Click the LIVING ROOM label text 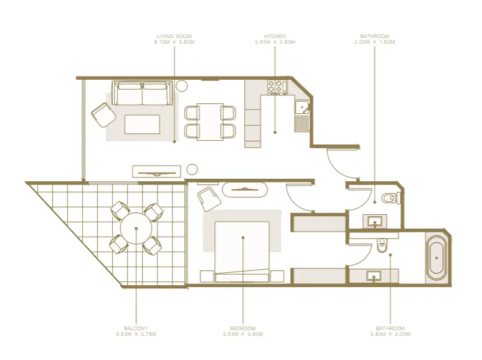[x=174, y=36]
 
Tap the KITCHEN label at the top [x=275, y=36]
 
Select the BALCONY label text [x=136, y=328]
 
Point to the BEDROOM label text [x=243, y=328]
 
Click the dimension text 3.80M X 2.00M [x=390, y=334]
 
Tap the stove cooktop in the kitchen [x=276, y=87]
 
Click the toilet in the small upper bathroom [x=389, y=198]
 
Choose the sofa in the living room [x=143, y=94]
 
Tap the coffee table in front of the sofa [x=142, y=125]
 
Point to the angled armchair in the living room [x=103, y=115]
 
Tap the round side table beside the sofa [x=184, y=86]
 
